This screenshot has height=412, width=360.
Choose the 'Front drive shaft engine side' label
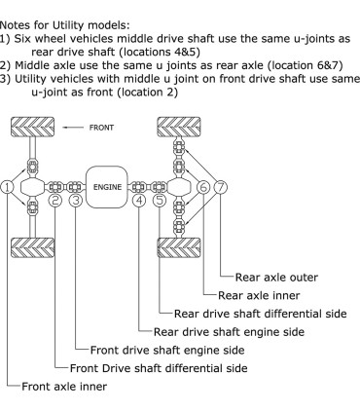tap(169, 350)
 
